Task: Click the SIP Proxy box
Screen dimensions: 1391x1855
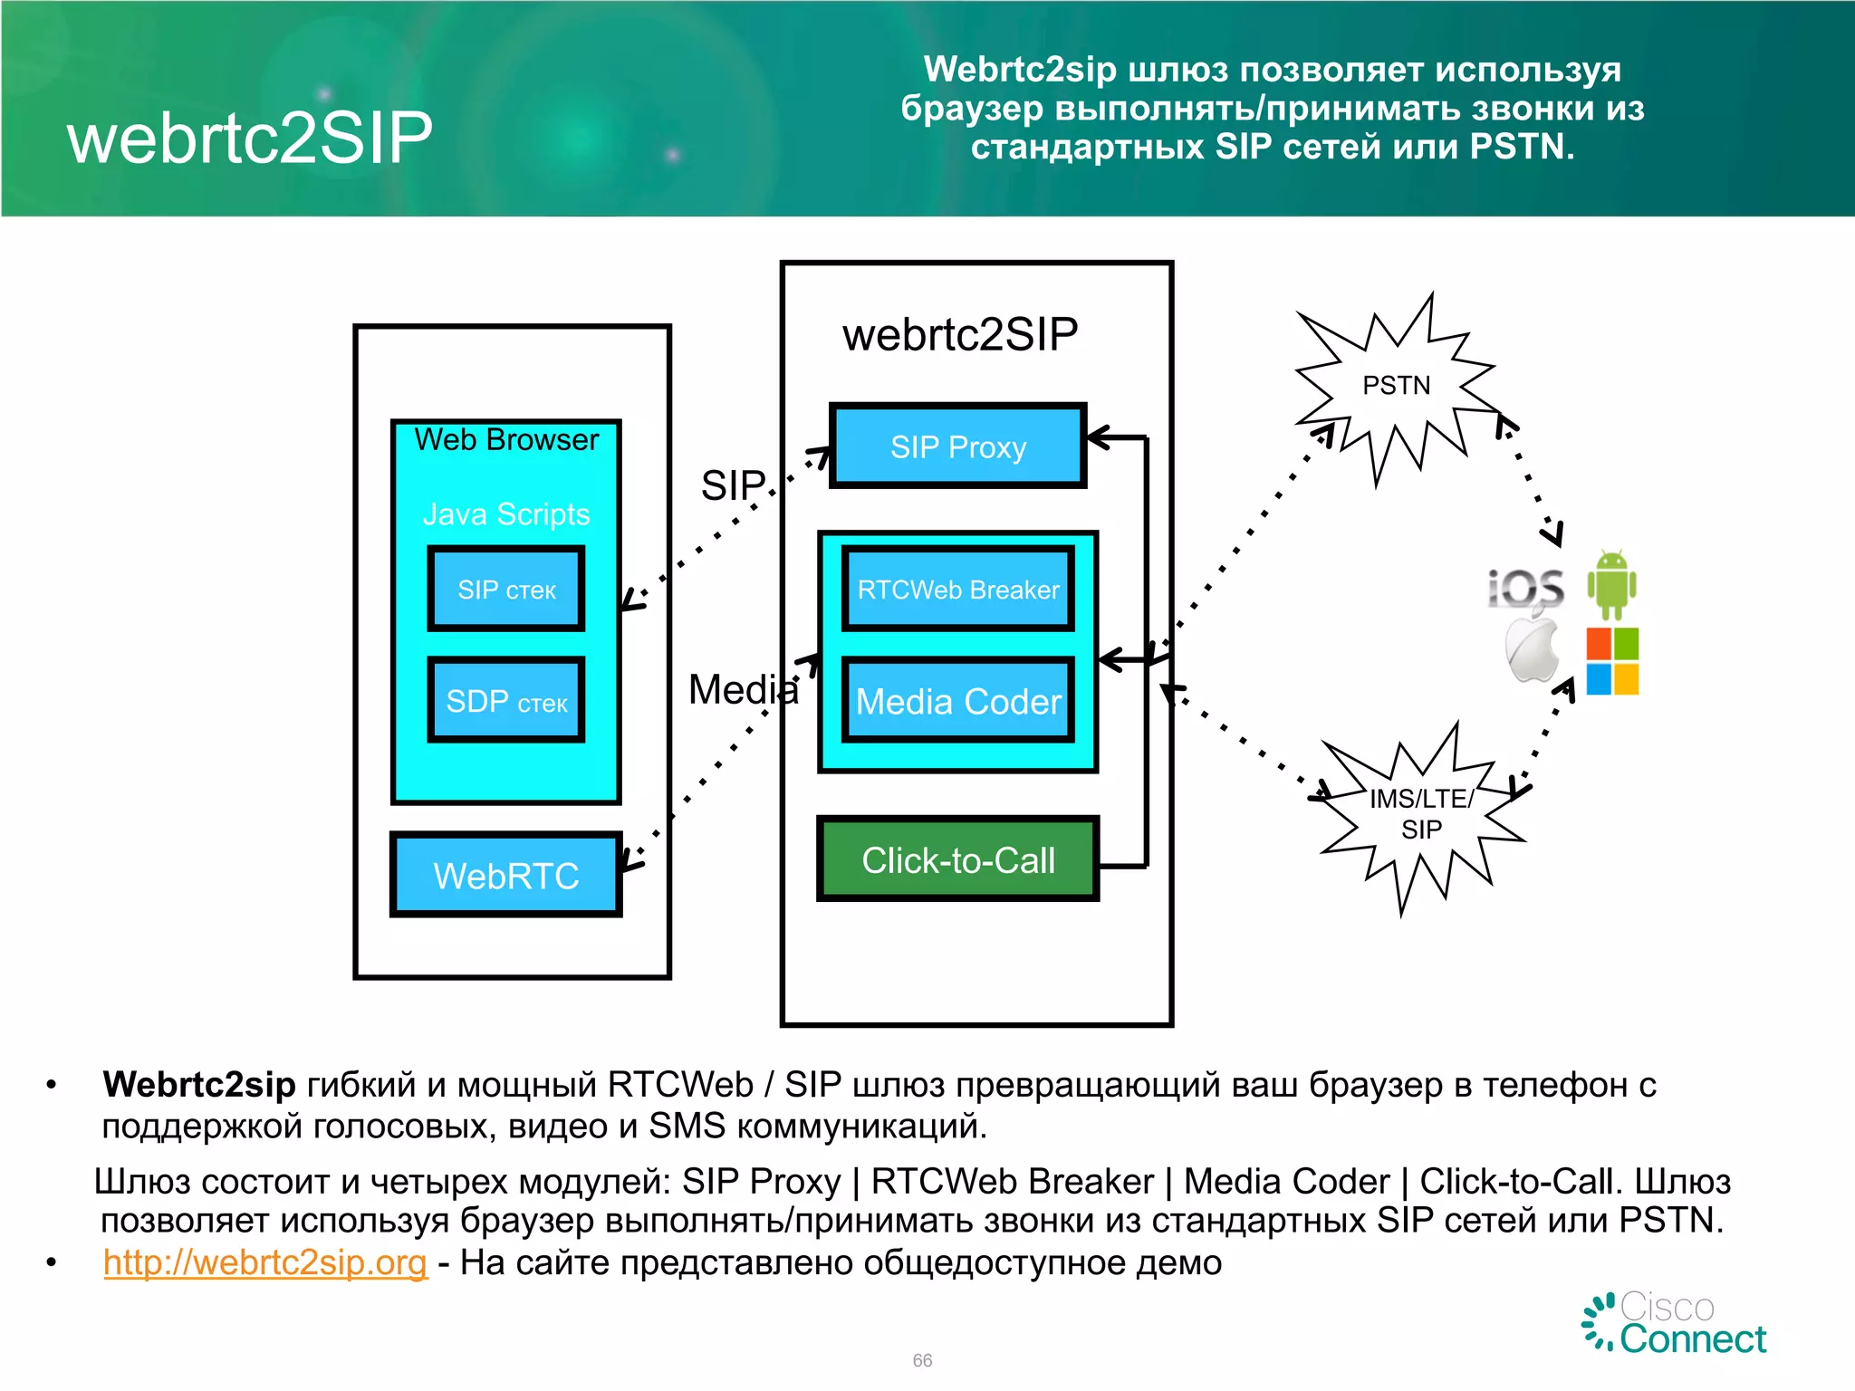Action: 957,446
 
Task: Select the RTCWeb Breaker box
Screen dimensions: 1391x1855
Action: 957,590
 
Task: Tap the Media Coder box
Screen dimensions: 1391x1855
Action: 957,702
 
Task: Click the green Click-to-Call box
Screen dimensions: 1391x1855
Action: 957,859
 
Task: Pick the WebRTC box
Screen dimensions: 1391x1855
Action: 505,875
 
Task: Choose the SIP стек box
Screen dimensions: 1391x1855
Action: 505,590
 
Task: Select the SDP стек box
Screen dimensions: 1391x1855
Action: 505,701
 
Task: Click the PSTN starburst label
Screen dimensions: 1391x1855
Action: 1396,386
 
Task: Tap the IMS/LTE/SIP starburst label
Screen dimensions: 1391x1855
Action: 1420,813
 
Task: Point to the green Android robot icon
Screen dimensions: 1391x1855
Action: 1611,584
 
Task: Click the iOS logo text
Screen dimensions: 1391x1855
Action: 1526,588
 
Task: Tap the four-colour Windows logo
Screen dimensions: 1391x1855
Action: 1612,661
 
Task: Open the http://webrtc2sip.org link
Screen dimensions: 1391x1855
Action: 264,1261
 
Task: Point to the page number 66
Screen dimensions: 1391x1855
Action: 922,1360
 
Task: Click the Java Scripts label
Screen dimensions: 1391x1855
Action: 505,514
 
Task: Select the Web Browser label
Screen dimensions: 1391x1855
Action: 505,440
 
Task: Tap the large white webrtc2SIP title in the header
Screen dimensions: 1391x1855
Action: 250,138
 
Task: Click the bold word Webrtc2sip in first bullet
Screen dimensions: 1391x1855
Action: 199,1084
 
